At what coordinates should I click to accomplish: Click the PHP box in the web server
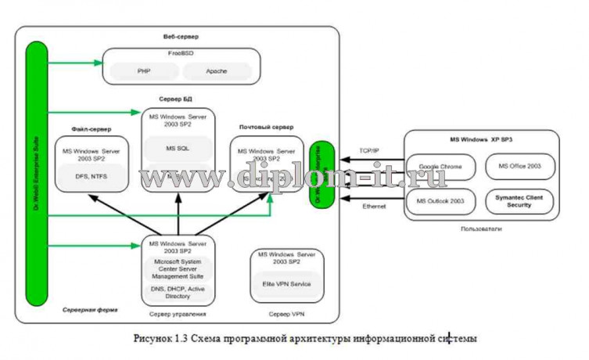(143, 71)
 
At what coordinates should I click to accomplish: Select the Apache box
(217, 71)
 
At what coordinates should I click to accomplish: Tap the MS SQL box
(178, 147)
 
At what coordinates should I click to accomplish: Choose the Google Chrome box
(440, 167)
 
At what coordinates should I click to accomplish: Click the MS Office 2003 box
(519, 166)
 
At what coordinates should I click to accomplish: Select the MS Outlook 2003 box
(440, 201)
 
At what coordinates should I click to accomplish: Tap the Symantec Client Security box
(519, 201)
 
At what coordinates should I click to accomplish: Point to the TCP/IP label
(369, 150)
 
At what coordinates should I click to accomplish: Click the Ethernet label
(374, 206)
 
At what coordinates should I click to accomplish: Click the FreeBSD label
(181, 54)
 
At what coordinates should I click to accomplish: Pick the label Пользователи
(481, 229)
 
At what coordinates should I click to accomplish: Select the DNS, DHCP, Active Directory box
(177, 292)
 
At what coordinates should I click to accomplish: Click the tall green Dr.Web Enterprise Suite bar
(36, 172)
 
